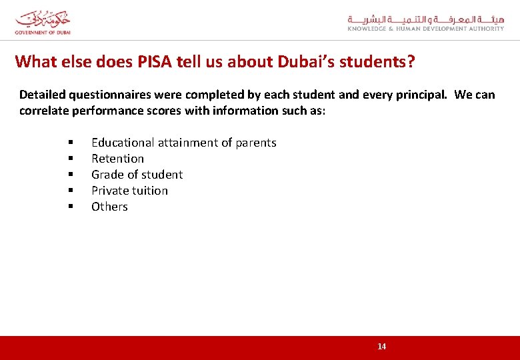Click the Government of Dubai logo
point(43,22)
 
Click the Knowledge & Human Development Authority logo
point(425,23)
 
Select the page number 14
point(381,346)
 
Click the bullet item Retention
point(117,159)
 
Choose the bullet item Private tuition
point(129,191)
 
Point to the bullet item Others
point(109,207)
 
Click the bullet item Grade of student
point(137,175)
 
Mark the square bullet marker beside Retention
point(69,159)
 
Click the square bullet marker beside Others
point(69,207)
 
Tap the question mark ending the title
point(410,62)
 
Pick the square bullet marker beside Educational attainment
point(69,143)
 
